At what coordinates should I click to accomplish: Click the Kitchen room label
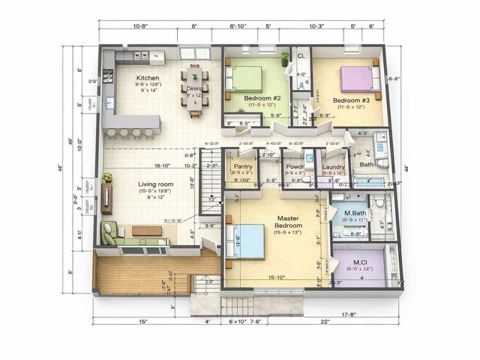click(147, 78)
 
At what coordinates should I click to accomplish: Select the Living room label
click(155, 184)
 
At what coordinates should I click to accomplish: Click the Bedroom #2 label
click(262, 98)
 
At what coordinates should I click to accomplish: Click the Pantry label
click(243, 166)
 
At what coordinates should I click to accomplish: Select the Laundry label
click(333, 166)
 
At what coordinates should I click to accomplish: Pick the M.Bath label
click(355, 213)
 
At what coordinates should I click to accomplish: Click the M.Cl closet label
click(360, 262)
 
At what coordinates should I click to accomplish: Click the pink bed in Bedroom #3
click(357, 78)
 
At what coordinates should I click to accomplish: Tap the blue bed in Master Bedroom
click(244, 241)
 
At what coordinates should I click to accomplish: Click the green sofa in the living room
click(111, 234)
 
